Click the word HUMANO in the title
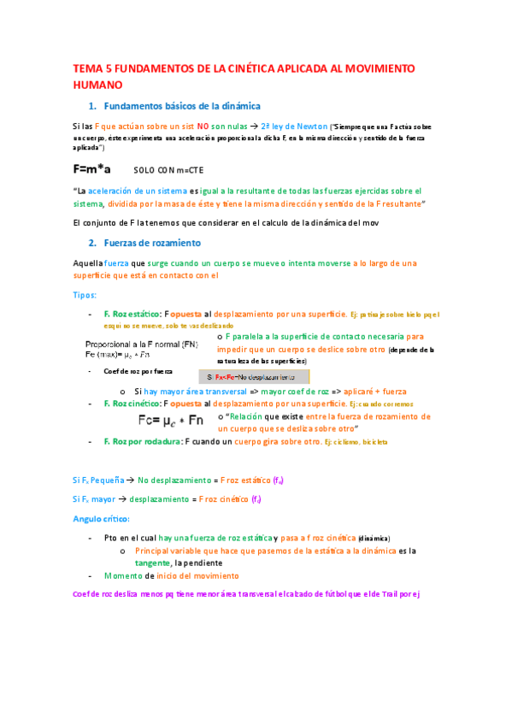[97, 85]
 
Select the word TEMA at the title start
[87, 68]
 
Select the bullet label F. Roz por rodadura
[139, 441]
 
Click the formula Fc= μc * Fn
[171, 420]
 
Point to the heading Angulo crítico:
[101, 519]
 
